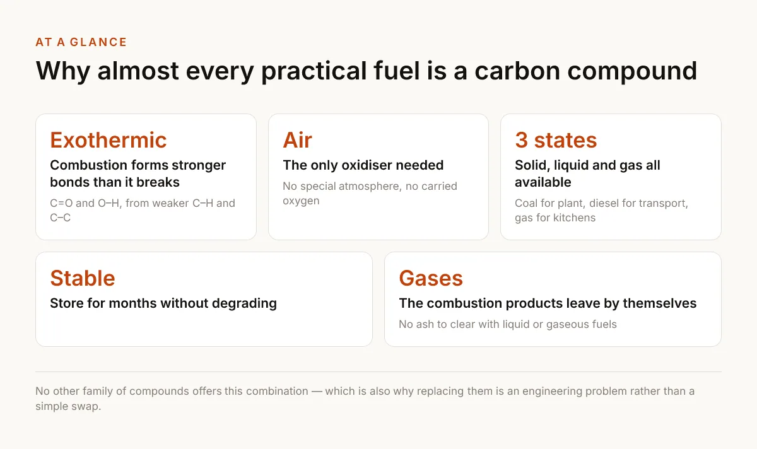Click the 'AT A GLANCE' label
81,42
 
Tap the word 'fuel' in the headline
397,71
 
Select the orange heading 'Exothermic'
108,140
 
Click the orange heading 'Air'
297,140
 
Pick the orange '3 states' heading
556,140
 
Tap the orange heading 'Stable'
83,278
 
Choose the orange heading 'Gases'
431,278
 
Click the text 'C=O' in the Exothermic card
61,203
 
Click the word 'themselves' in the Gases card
660,303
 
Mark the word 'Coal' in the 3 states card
526,203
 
